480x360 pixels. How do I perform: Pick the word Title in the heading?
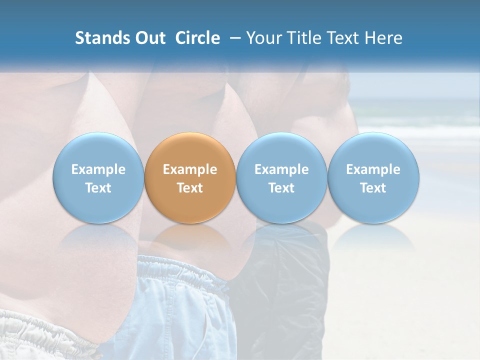[304, 38]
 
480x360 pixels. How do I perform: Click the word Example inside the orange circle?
[190, 169]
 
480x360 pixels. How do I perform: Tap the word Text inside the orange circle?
[190, 188]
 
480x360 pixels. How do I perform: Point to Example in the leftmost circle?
[98, 169]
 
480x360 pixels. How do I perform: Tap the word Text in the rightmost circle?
[373, 188]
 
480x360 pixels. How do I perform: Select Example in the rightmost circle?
[373, 169]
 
